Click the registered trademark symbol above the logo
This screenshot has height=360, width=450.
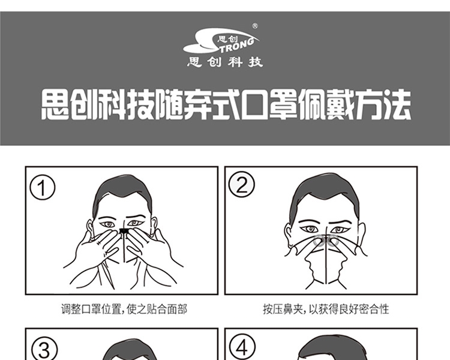pos(255,26)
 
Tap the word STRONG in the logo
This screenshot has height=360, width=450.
pos(234,44)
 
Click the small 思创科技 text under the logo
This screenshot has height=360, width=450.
pos(225,62)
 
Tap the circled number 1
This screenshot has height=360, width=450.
pos(42,188)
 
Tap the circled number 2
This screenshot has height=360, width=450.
pos(241,184)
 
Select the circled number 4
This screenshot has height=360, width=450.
pos(242,347)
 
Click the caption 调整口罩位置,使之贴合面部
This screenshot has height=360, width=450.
pos(124,310)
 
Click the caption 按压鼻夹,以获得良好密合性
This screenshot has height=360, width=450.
pos(326,310)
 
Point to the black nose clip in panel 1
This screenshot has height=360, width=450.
pos(124,230)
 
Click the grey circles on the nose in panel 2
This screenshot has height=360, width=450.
pos(326,240)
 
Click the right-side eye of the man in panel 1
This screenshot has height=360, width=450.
pos(135,223)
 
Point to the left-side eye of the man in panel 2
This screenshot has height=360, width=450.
pos(310,229)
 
